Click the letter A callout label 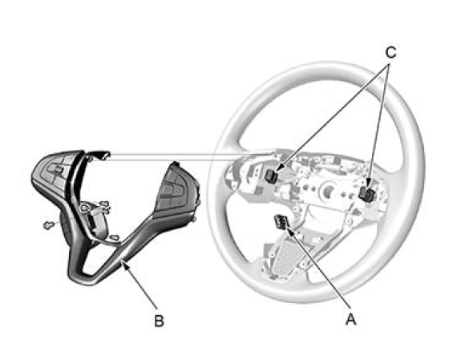coord(351,318)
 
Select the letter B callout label coord(159,321)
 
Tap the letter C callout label coord(390,53)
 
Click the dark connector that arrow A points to coord(281,222)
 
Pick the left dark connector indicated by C coord(271,176)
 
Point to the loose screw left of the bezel coord(48,225)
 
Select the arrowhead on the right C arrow coord(368,183)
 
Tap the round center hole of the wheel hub coord(329,189)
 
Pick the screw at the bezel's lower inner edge coord(114,238)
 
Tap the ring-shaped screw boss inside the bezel coord(85,207)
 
